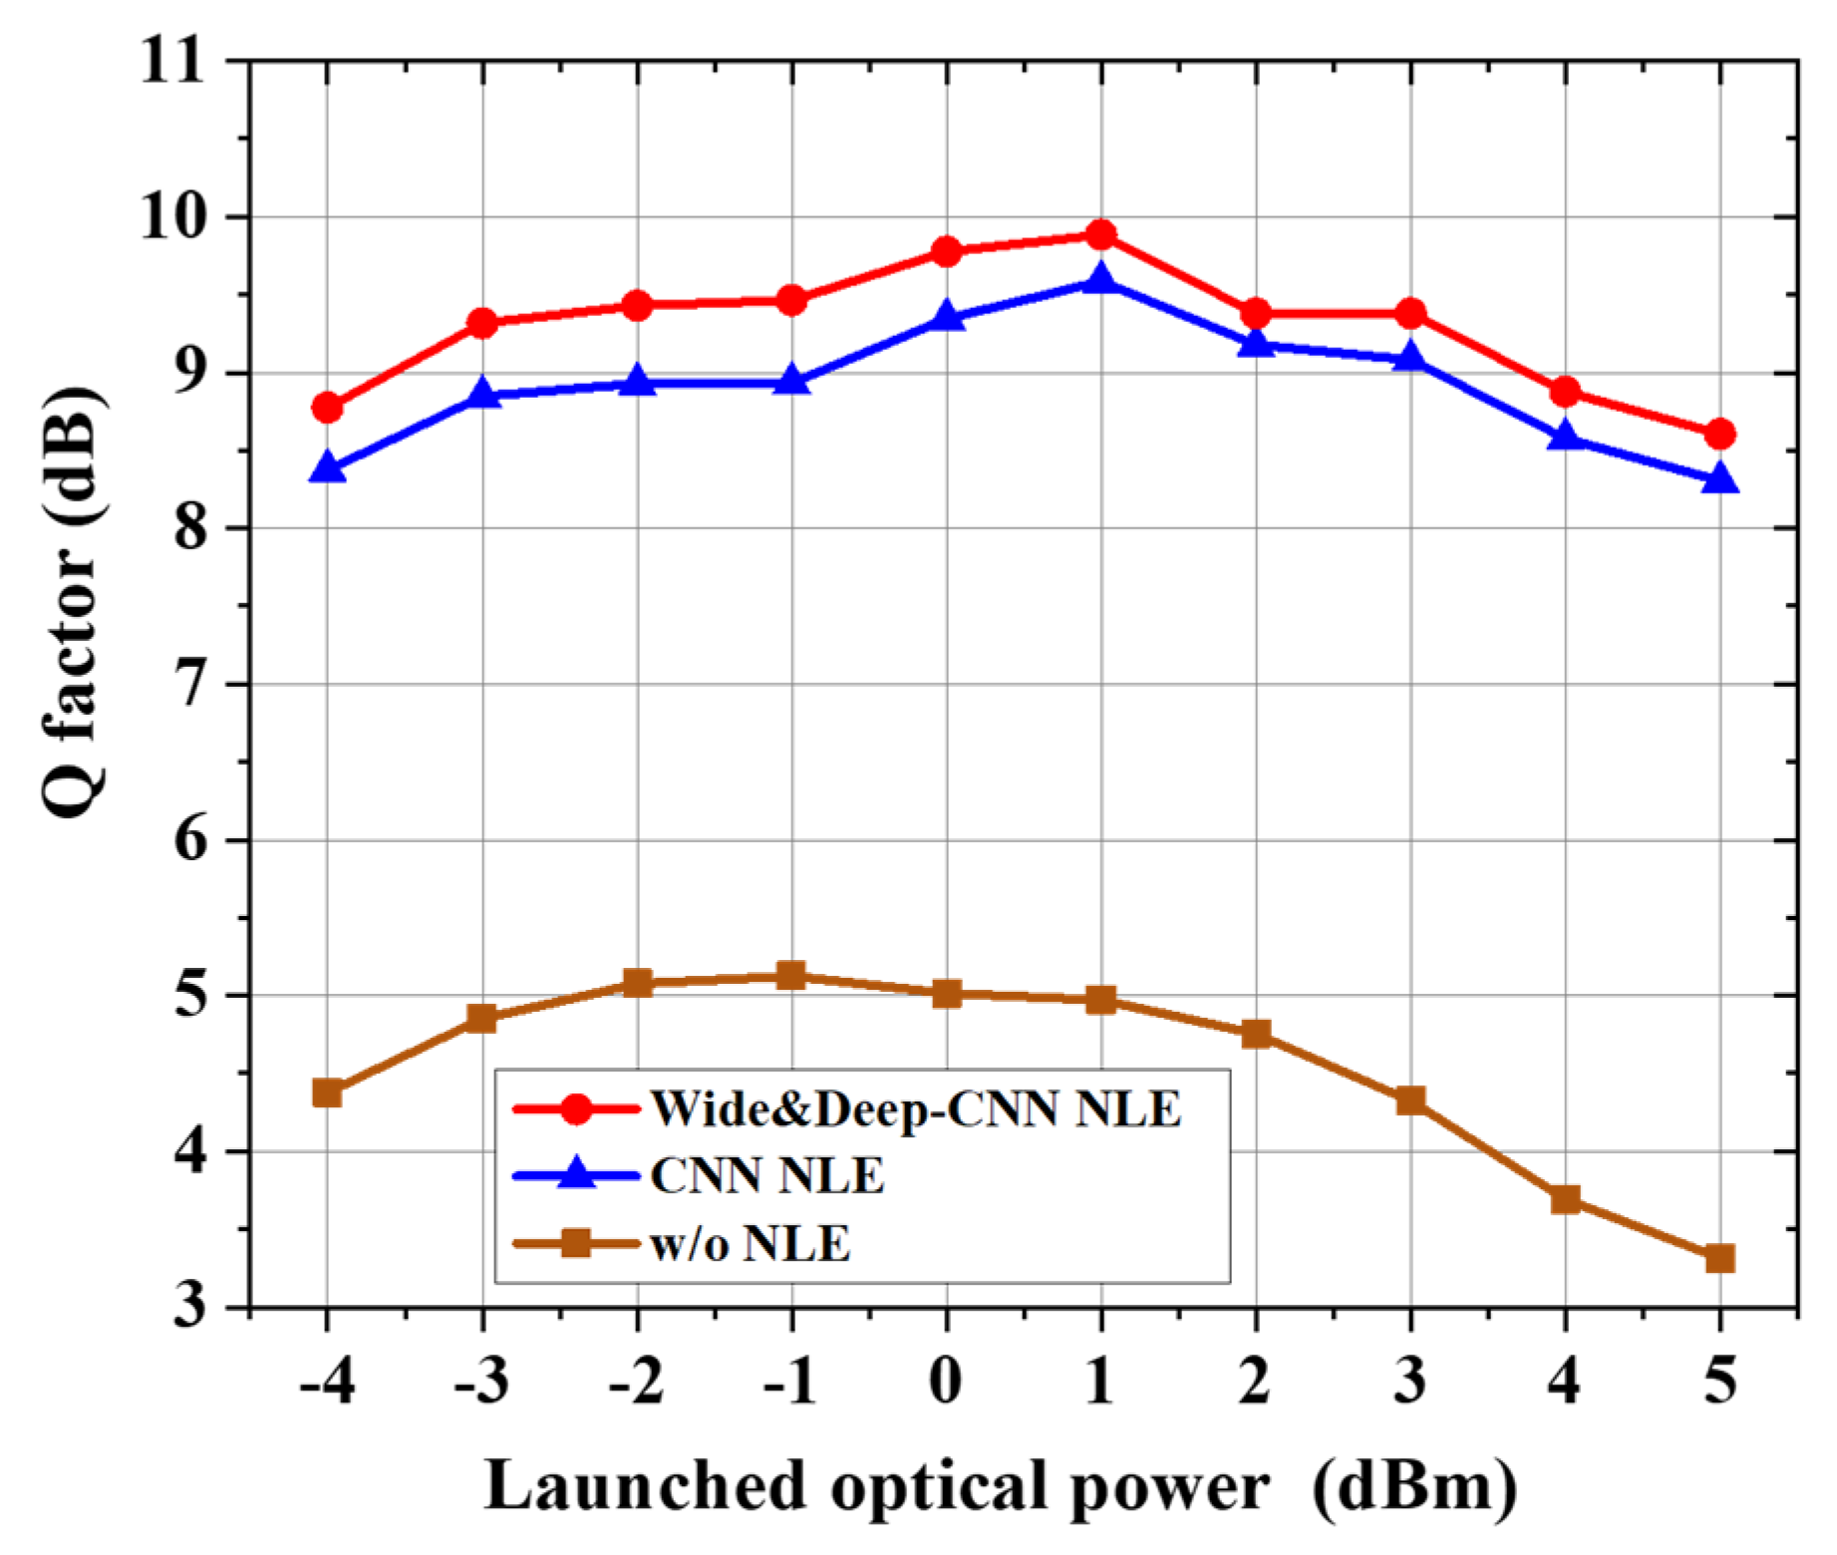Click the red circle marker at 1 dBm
point(1100,235)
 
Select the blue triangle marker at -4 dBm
point(327,468)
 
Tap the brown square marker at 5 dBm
point(1719,1258)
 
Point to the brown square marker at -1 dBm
point(791,975)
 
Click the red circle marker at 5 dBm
point(1719,434)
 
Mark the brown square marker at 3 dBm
point(1410,1100)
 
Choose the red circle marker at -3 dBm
point(482,322)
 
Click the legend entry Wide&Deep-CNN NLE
point(915,1108)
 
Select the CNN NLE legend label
point(766,1176)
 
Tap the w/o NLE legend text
point(750,1244)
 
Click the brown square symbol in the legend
point(576,1243)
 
